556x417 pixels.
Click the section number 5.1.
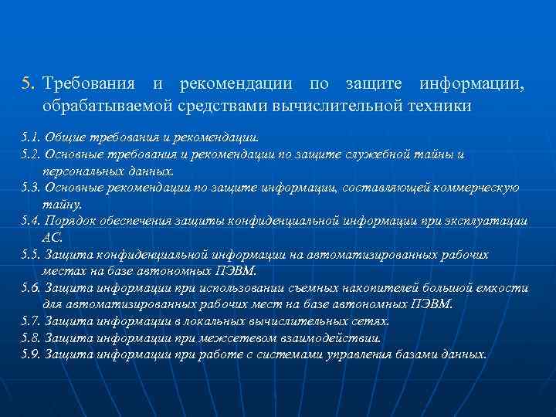(x=32, y=137)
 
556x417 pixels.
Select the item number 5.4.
(x=32, y=221)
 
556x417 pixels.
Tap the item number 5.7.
(x=32, y=321)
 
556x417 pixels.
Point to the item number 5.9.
(x=32, y=354)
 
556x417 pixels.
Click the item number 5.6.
(x=32, y=288)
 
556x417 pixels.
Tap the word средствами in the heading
(x=219, y=106)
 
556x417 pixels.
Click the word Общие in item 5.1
(x=65, y=137)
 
